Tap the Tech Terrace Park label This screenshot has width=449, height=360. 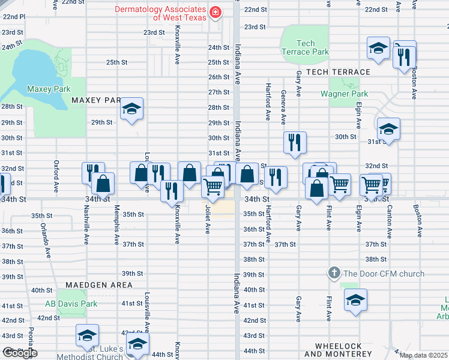click(305, 47)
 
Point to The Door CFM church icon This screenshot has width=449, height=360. click(334, 274)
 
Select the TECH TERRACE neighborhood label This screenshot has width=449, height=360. click(337, 71)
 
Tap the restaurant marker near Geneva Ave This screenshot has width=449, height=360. click(295, 143)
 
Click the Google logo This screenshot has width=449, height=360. click(20, 353)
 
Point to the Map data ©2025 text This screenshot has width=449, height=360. click(423, 355)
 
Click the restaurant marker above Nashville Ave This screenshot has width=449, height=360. click(93, 173)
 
